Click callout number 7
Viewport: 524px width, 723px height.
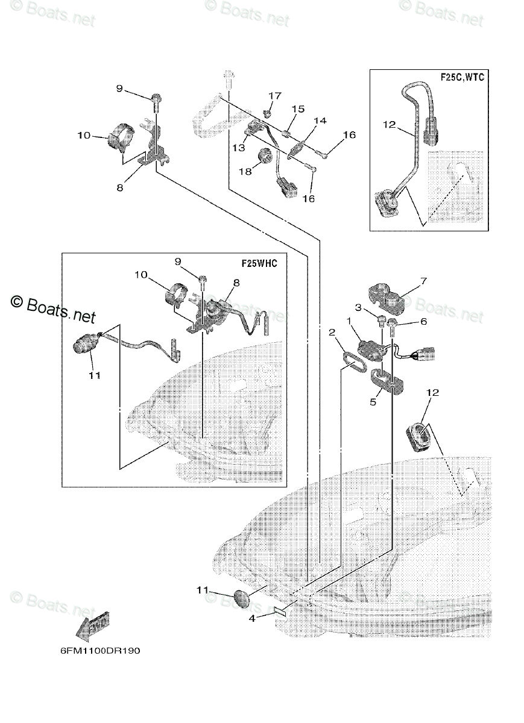tap(423, 281)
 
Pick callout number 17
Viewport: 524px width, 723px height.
tap(275, 96)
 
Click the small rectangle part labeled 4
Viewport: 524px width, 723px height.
tap(282, 611)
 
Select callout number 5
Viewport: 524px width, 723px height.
tap(373, 401)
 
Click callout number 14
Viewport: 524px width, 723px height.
tap(320, 120)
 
